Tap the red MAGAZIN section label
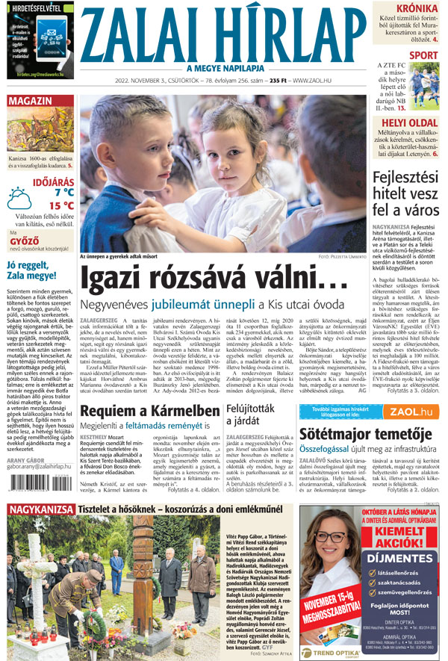coord(31,100)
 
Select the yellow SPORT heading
coord(423,55)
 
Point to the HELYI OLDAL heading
coord(409,122)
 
